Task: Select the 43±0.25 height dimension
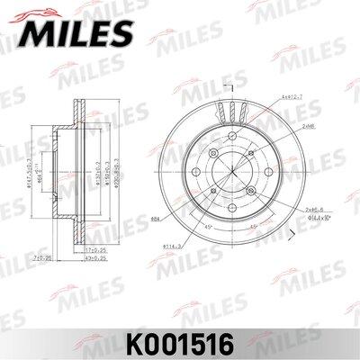(84, 257)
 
